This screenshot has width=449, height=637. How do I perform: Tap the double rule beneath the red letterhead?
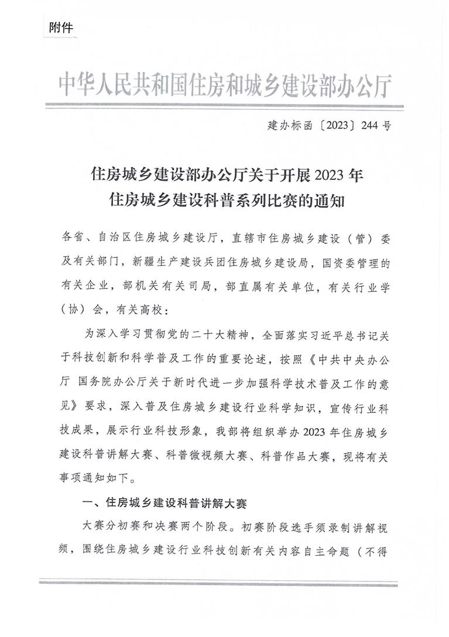click(x=224, y=106)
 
